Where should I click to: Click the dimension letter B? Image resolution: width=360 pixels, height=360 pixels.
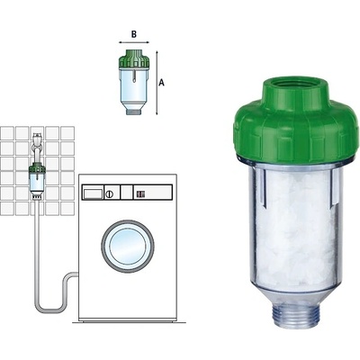134,34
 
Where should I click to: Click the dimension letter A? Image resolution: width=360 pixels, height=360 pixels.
161,83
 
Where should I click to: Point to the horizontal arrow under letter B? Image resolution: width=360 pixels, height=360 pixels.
134,42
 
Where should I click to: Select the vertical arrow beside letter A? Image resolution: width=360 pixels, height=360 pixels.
157,83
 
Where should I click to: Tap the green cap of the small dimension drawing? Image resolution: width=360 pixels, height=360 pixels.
134,58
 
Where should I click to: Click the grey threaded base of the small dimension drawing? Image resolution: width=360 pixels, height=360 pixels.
133,112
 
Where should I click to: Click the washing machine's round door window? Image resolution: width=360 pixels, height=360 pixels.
128,246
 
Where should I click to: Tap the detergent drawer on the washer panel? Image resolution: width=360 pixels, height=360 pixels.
93,193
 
